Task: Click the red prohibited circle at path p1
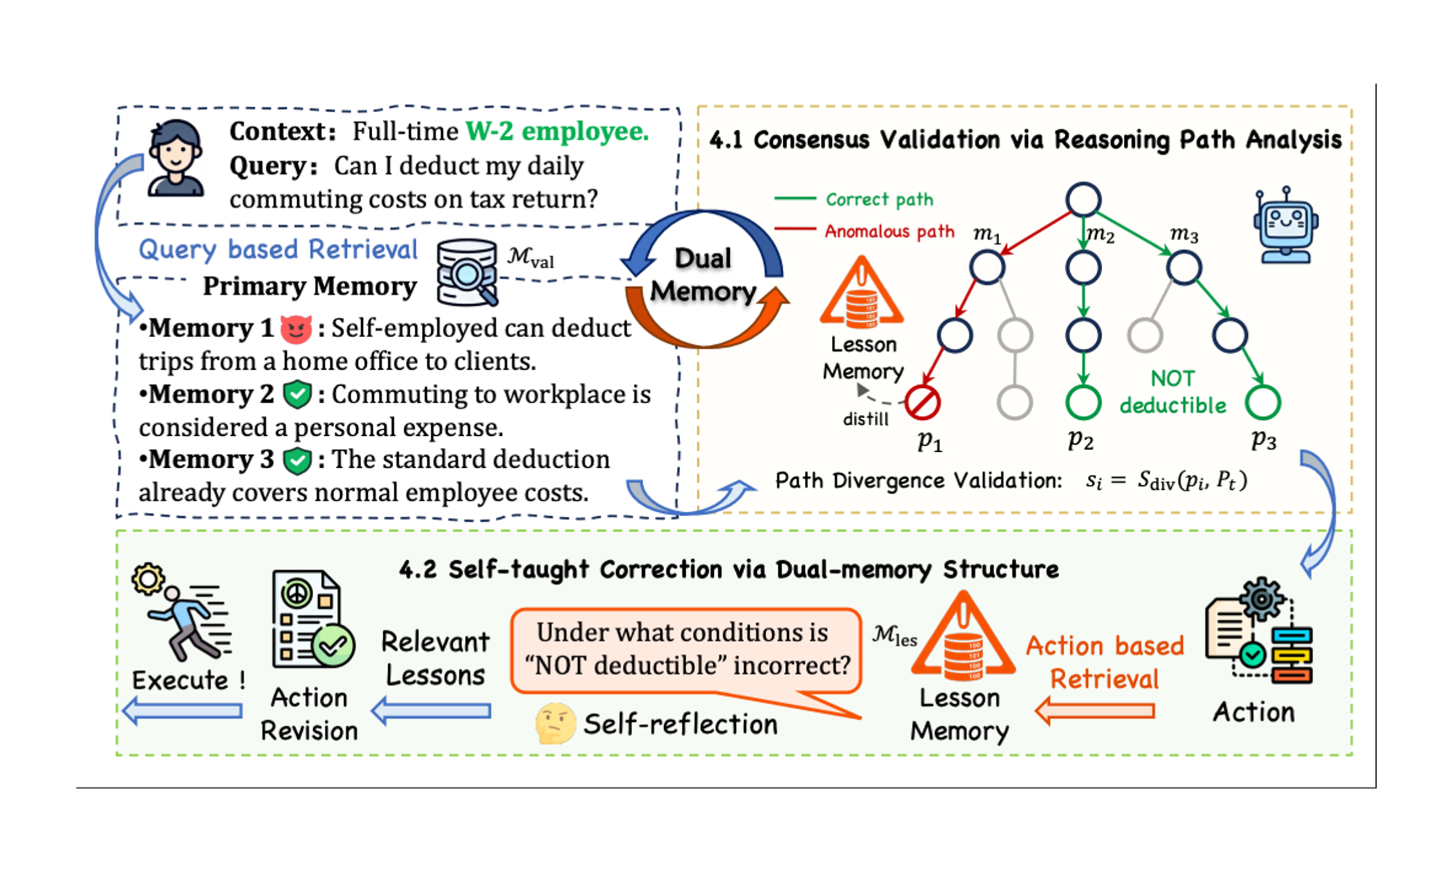click(x=923, y=403)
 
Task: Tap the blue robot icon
click(x=1285, y=225)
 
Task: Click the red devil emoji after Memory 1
click(x=296, y=329)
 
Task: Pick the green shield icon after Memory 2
click(x=296, y=395)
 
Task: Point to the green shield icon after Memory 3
click(x=296, y=461)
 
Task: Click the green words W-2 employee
click(x=557, y=132)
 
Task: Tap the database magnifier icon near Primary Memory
click(x=467, y=272)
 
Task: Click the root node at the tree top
click(x=1083, y=200)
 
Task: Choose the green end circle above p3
click(x=1263, y=403)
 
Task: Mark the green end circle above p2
click(x=1083, y=403)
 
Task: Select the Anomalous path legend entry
click(x=865, y=231)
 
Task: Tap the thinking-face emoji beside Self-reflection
click(x=555, y=724)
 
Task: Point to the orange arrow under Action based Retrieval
click(x=1095, y=711)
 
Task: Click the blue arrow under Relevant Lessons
click(x=432, y=711)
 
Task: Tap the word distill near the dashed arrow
click(x=865, y=419)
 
